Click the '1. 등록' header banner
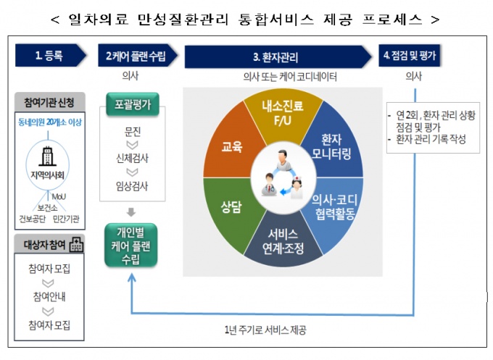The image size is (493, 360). (x=51, y=56)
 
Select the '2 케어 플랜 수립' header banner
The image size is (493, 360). (x=134, y=56)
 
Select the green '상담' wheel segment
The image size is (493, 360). (x=231, y=207)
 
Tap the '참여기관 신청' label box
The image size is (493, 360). (x=50, y=101)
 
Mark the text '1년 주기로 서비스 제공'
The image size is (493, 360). (x=265, y=330)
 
